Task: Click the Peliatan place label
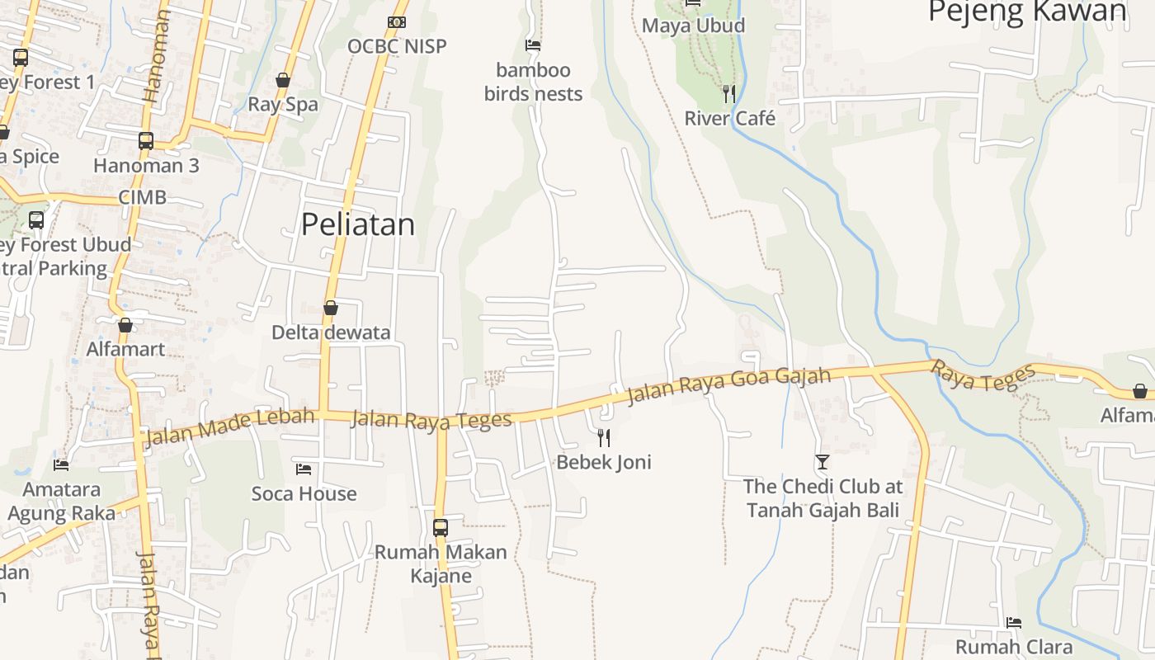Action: (357, 224)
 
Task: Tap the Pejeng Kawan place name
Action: (1027, 12)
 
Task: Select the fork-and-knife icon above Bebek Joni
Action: (604, 437)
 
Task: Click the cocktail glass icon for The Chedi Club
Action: (822, 462)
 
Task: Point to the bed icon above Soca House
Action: (304, 469)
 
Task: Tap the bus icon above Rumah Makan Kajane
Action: (441, 527)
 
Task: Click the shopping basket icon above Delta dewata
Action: (331, 308)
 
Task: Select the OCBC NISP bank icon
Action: (397, 22)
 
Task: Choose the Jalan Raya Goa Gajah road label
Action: (728, 386)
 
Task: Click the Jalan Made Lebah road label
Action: (230, 426)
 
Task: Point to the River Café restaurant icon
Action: (729, 93)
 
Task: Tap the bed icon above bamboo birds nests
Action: (533, 45)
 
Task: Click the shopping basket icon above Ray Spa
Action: (283, 80)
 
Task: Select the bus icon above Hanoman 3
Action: (146, 140)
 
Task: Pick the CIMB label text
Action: (142, 197)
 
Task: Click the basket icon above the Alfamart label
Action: (125, 325)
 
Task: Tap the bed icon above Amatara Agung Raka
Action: (61, 465)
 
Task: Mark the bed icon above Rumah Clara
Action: (1014, 622)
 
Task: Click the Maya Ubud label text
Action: (693, 26)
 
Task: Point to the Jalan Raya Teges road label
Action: (431, 420)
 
